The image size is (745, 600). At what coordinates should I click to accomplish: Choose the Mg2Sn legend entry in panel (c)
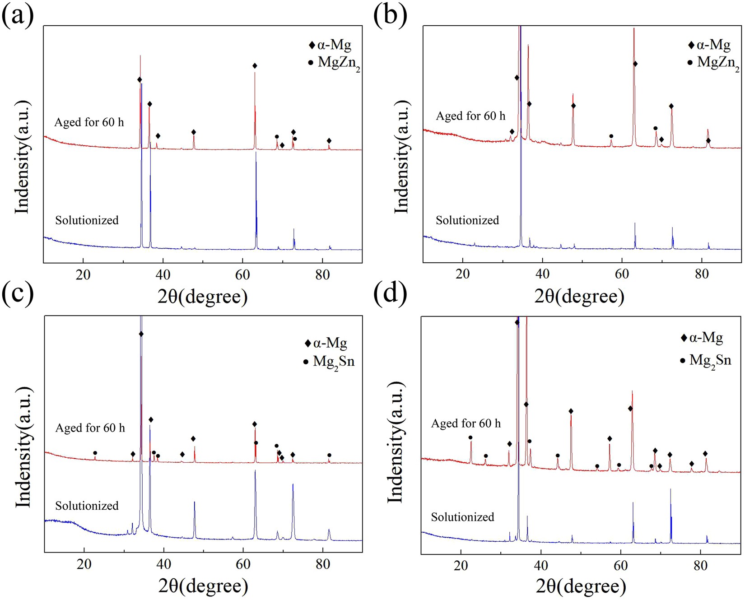330,362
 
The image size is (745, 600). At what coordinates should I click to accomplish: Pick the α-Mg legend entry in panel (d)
703,338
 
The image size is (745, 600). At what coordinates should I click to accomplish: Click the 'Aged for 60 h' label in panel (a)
89,122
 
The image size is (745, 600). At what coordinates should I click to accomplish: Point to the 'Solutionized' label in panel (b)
467,220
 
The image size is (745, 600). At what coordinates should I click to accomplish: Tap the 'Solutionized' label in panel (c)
87,506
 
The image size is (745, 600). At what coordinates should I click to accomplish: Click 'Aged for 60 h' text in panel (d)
466,423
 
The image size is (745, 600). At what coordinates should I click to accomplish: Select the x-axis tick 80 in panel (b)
702,274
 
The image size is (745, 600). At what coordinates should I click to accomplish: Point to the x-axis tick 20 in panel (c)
84,564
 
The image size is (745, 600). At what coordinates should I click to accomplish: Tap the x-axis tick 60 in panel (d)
620,566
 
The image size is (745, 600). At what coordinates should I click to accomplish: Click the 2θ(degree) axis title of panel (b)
579,296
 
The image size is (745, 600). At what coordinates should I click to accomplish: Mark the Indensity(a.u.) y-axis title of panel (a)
22,157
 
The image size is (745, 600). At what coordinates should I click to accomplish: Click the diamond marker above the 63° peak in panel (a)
255,66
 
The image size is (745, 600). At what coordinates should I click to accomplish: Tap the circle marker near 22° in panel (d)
470,437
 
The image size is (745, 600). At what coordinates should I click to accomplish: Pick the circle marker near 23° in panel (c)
95,453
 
